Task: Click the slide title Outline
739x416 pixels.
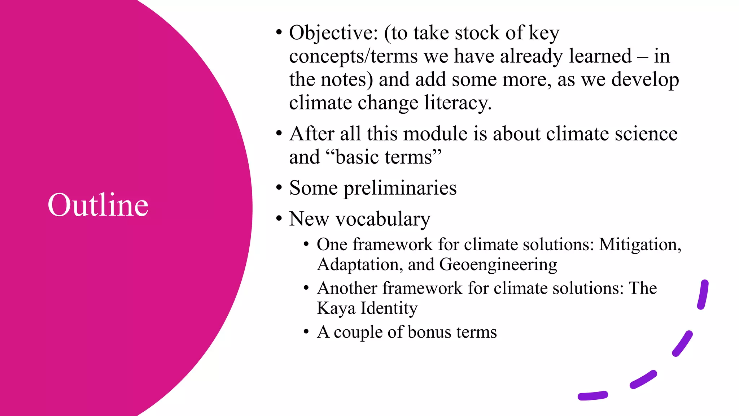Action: pos(98,205)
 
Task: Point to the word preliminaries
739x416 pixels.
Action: pos(400,188)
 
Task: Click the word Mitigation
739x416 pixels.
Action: pos(639,245)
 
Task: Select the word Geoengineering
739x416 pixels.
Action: pos(498,265)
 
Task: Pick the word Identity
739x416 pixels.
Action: pos(389,308)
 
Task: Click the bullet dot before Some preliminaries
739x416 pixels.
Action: pos(279,188)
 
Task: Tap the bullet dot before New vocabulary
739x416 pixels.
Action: pos(279,218)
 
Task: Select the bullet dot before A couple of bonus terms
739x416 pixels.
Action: pos(306,331)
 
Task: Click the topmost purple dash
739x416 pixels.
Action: pos(703,294)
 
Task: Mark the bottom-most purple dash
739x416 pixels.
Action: pos(592,396)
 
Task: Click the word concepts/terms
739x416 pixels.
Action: pos(353,57)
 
